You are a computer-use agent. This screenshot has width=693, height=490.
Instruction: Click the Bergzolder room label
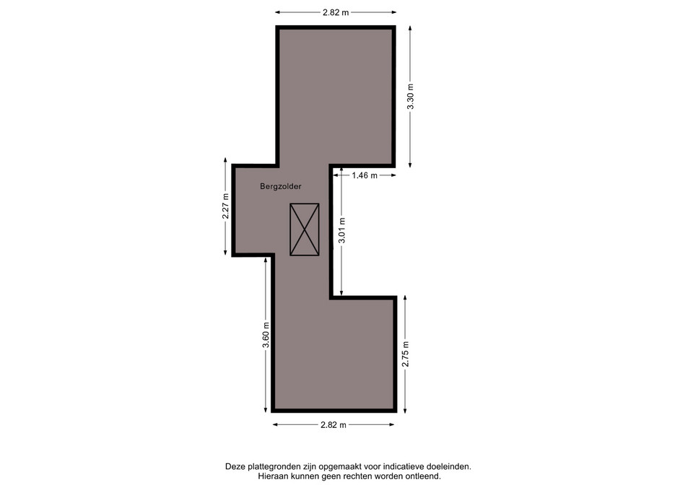tap(281, 186)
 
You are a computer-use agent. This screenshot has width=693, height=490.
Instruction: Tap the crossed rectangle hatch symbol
tap(305, 229)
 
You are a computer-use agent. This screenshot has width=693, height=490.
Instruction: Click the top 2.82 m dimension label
tap(336, 12)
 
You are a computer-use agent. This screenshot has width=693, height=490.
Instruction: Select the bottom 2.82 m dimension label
tap(334, 424)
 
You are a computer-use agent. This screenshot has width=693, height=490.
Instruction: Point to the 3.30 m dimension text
tap(411, 96)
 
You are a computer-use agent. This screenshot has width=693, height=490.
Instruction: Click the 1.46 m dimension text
tap(365, 175)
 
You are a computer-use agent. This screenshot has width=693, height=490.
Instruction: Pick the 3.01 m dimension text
tap(341, 230)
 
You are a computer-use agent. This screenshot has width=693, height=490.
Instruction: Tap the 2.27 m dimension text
tap(225, 206)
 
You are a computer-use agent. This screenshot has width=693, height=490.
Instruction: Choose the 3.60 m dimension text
tap(266, 335)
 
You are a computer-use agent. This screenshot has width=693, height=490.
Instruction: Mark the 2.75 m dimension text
tap(405, 354)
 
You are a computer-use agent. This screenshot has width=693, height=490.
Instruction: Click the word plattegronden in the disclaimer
tap(274, 467)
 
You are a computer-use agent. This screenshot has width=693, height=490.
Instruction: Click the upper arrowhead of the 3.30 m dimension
tap(410, 28)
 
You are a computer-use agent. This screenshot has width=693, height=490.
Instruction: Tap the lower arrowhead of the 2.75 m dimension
tap(405, 410)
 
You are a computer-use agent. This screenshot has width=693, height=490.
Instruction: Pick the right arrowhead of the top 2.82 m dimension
tap(393, 12)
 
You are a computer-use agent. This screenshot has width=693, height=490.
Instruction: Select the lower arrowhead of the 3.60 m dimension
tap(266, 410)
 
